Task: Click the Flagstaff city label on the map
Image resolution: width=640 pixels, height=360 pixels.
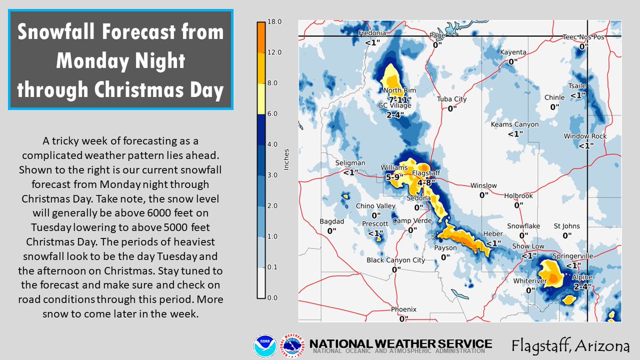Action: (x=425, y=173)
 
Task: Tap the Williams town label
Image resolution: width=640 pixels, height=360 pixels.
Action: (x=394, y=167)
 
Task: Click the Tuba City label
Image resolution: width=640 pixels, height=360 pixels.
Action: (x=452, y=99)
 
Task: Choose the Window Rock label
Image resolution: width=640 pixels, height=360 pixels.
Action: (x=585, y=137)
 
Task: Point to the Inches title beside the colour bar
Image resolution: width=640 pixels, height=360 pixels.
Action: (x=286, y=159)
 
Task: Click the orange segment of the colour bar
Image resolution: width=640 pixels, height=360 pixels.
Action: (x=261, y=37)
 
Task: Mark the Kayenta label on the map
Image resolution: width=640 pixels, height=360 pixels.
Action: (x=513, y=52)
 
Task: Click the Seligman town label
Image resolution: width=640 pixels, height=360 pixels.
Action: (x=350, y=163)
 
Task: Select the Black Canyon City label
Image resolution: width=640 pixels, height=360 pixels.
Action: (x=396, y=260)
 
